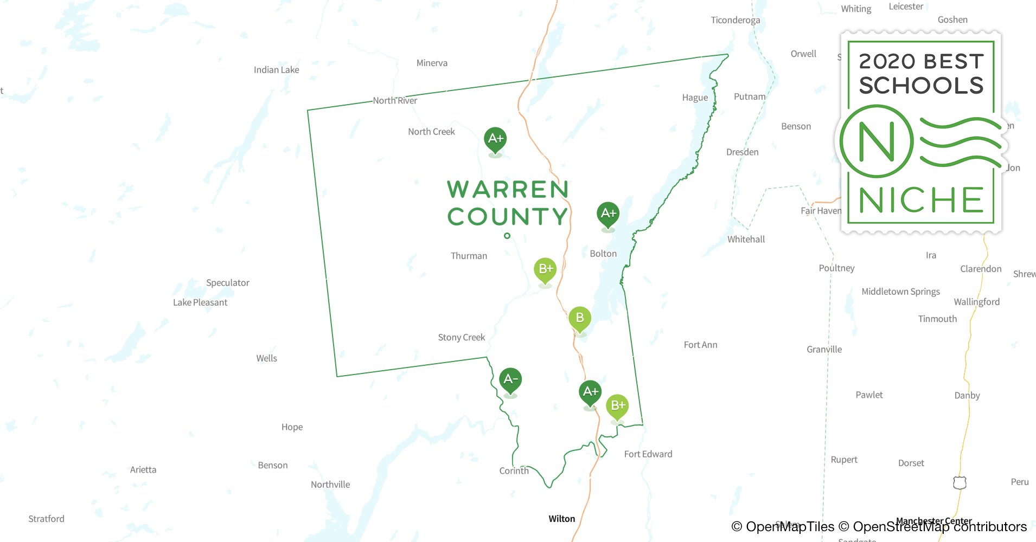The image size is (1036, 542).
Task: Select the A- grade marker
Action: (x=510, y=380)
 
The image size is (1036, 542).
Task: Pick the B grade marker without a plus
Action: (x=580, y=319)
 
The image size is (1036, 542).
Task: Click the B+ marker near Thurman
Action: (x=545, y=270)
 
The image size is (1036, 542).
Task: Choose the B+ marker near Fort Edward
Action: (x=617, y=406)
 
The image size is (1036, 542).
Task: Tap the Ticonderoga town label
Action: (x=735, y=21)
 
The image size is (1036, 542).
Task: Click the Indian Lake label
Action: (x=276, y=70)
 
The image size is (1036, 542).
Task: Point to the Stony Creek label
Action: (x=461, y=338)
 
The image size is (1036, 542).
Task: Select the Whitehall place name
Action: (x=746, y=240)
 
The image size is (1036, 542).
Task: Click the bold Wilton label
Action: (x=561, y=519)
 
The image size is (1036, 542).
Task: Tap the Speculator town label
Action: (x=227, y=283)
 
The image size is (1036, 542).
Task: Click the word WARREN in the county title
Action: (x=508, y=190)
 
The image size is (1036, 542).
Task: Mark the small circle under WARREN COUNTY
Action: (x=507, y=236)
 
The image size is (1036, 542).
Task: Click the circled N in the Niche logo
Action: (x=877, y=142)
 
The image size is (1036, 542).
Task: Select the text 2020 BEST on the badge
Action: (x=921, y=61)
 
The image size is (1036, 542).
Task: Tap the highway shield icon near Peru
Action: (x=960, y=482)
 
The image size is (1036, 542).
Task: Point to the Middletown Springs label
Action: (x=900, y=292)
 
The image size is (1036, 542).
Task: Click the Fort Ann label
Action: (x=700, y=345)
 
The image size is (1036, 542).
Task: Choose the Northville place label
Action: (x=330, y=485)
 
